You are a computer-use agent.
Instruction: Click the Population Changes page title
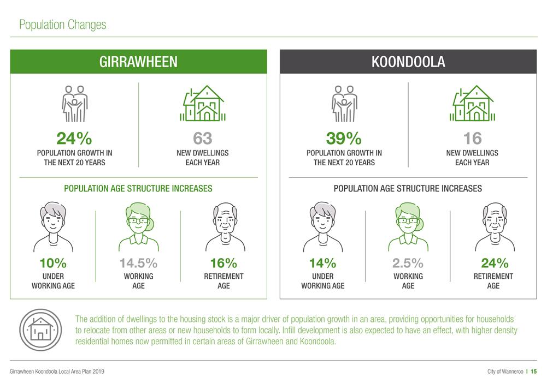pos(62,25)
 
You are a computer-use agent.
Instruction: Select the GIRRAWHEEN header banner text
pos(138,62)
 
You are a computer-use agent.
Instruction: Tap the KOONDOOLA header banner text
pos(408,62)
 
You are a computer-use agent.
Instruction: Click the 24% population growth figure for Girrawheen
pos(74,138)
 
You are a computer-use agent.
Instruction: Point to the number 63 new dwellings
pos(203,138)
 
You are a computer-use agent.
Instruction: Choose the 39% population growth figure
pos(344,138)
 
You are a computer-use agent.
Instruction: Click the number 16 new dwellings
pos(472,138)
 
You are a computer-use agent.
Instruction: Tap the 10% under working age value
pos(53,263)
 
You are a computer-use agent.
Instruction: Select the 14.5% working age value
pos(138,263)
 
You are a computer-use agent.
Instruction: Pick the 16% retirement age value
pos(223,263)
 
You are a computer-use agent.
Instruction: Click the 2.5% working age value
pos(408,263)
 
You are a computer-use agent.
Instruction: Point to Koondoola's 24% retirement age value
pos(495,263)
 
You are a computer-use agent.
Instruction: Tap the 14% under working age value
pos(323,263)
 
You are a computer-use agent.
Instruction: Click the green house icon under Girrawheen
pos(203,104)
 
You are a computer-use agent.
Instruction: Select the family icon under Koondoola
pos(344,104)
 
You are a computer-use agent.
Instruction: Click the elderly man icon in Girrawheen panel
pos(225,227)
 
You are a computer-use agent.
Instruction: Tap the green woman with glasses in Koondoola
pos(408,227)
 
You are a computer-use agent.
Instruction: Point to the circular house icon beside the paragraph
pos(40,330)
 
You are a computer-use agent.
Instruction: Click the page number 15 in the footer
pos(534,372)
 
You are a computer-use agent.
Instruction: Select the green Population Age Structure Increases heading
pos(138,188)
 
